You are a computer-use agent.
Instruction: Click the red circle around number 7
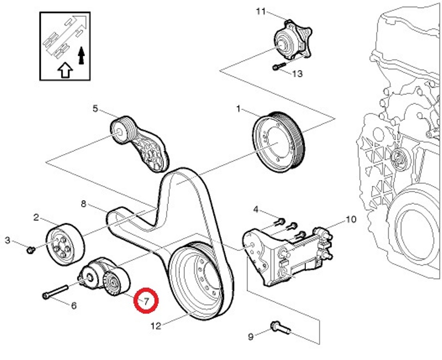(x=146, y=300)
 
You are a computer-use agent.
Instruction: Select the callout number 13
(x=297, y=74)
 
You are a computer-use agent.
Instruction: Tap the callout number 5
(x=95, y=109)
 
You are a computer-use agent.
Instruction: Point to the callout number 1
(x=238, y=109)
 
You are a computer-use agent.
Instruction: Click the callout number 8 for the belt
(x=84, y=203)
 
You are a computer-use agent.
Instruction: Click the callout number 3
(x=8, y=240)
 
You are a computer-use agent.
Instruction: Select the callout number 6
(x=74, y=306)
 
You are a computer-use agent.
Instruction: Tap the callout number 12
(x=156, y=325)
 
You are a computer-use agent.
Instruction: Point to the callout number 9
(x=251, y=336)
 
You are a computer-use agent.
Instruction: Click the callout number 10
(x=351, y=219)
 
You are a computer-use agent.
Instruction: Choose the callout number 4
(x=256, y=209)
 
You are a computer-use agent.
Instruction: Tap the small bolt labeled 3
(x=30, y=249)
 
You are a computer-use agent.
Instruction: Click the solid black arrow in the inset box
(x=82, y=55)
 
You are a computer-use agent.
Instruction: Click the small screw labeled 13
(x=277, y=67)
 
